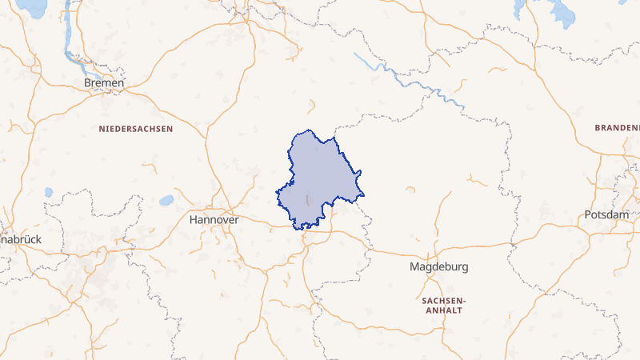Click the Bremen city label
click(x=104, y=82)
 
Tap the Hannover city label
click(x=214, y=218)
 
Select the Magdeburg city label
click(x=438, y=266)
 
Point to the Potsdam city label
click(x=606, y=215)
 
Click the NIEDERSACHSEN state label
click(x=136, y=128)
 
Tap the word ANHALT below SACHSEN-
click(x=442, y=309)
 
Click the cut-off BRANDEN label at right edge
click(x=618, y=128)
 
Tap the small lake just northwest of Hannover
click(x=166, y=200)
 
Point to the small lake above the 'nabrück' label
click(x=49, y=192)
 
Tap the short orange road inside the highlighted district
click(x=307, y=197)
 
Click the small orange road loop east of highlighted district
click(x=410, y=190)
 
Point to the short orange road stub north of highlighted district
click(x=310, y=106)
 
